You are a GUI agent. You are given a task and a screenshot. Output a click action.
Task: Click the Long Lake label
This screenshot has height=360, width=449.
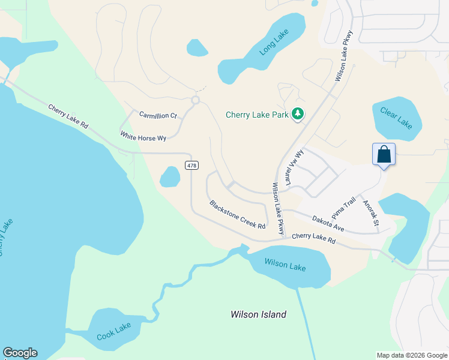pos(274,42)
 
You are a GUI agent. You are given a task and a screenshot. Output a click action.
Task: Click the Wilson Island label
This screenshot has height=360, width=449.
pos(259,314)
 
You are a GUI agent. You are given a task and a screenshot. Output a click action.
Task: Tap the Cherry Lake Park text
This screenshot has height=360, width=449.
pos(257,115)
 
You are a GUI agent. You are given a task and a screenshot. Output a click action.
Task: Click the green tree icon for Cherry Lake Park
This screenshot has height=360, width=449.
pos(297,113)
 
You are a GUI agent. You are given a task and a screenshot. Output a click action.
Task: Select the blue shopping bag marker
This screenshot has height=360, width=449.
pos(384,154)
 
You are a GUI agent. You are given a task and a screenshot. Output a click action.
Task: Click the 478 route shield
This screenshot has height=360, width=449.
pos(191,166)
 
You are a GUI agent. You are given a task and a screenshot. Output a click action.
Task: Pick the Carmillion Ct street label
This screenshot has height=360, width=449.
pos(158,115)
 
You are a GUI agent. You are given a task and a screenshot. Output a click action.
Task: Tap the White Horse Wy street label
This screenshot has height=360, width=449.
pos(143,137)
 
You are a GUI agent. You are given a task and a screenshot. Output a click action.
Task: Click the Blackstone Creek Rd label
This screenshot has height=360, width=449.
pos(237,214)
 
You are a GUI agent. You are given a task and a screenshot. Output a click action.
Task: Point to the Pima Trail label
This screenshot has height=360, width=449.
pos(344,208)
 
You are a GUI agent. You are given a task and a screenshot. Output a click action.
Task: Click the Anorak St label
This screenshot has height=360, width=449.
pos(371,213)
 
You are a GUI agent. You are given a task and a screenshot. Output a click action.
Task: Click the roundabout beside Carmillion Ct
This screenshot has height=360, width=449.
pos(195,100)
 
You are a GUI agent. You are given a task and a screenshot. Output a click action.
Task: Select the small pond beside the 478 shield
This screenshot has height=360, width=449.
pos(170,176)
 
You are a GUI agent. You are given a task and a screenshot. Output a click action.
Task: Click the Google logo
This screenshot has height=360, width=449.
pos(20,353)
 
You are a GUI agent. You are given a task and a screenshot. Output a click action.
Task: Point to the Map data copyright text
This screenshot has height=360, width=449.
pos(411,355)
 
